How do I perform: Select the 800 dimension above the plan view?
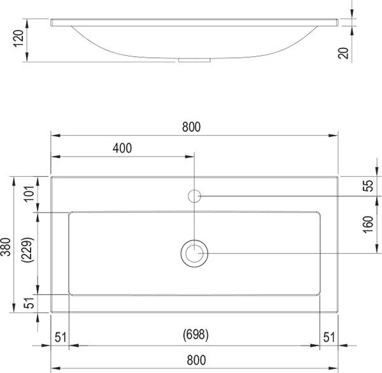pyautogui.click(x=191, y=127)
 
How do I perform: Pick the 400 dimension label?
pyautogui.click(x=122, y=148)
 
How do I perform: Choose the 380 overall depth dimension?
pyautogui.click(x=6, y=245)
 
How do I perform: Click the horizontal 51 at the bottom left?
pyautogui.click(x=60, y=336)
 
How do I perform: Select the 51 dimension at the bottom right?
pyautogui.click(x=329, y=336)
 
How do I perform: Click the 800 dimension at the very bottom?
pyautogui.click(x=191, y=358)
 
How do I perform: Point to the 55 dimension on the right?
pyautogui.click(x=367, y=186)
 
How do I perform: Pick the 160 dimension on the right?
pyautogui.click(x=367, y=224)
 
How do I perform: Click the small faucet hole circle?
pyautogui.click(x=195, y=195)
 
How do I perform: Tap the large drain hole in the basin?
pyautogui.click(x=194, y=253)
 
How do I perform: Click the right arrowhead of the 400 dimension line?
pyautogui.click(x=190, y=157)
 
